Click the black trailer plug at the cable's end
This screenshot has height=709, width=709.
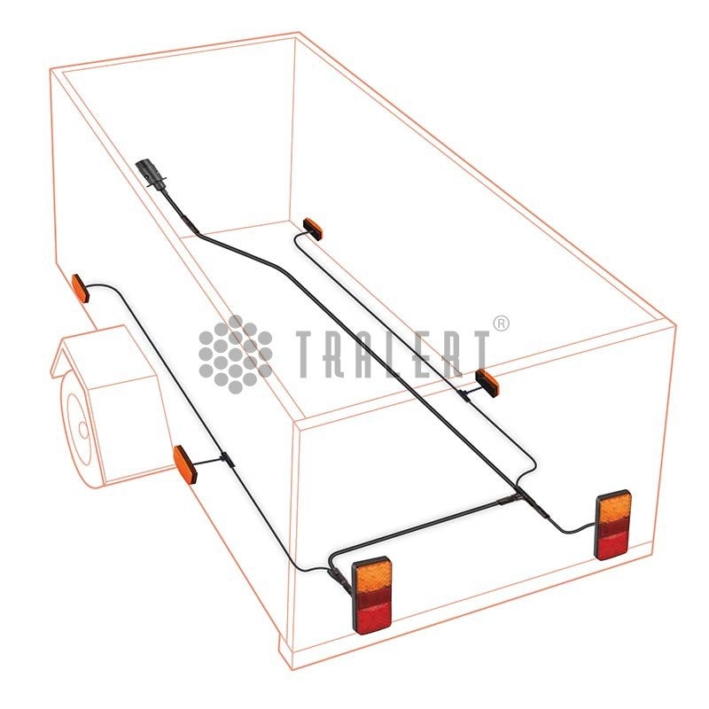148,173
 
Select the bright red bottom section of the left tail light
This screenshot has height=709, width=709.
373,618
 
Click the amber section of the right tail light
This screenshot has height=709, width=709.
613,508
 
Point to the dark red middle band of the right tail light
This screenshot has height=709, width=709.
613,527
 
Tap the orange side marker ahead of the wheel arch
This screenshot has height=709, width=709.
81,288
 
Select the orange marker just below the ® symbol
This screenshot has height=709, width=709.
487,381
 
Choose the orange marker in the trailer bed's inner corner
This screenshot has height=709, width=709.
313,230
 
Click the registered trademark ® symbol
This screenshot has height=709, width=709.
501,323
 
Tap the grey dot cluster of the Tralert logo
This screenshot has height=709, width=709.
235,354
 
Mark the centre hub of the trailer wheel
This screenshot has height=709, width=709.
83,429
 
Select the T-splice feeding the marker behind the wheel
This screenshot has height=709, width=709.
227,459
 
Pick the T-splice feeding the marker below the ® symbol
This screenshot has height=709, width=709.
464,394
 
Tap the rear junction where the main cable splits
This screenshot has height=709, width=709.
517,497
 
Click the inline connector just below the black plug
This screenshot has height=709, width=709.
190,224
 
